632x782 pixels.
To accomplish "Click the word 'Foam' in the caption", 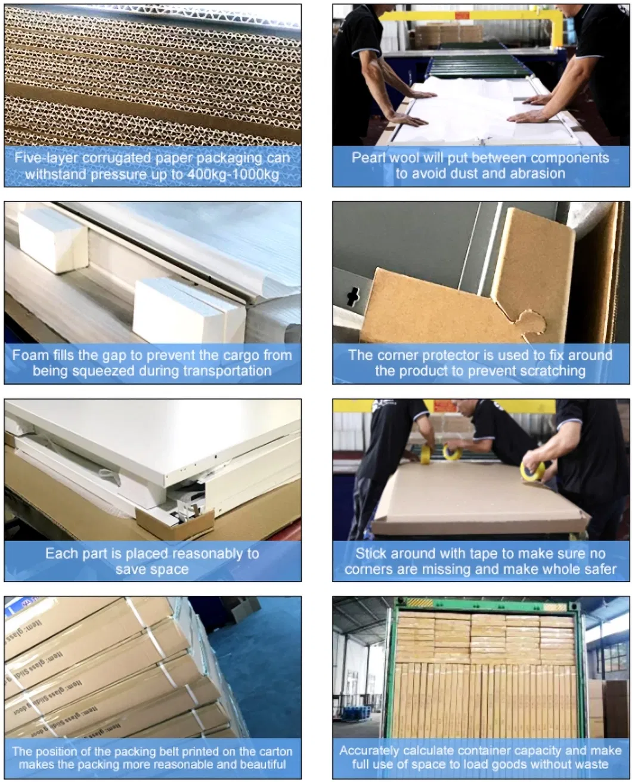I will [30, 356].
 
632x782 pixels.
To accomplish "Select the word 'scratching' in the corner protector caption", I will [552, 371].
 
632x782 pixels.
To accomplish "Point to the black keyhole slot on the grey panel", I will [354, 296].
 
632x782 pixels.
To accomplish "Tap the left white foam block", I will [52, 240].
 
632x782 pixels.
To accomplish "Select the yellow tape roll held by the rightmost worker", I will [532, 471].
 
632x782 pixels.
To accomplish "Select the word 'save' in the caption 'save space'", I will [131, 570].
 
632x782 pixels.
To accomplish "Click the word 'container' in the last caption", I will [485, 750].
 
